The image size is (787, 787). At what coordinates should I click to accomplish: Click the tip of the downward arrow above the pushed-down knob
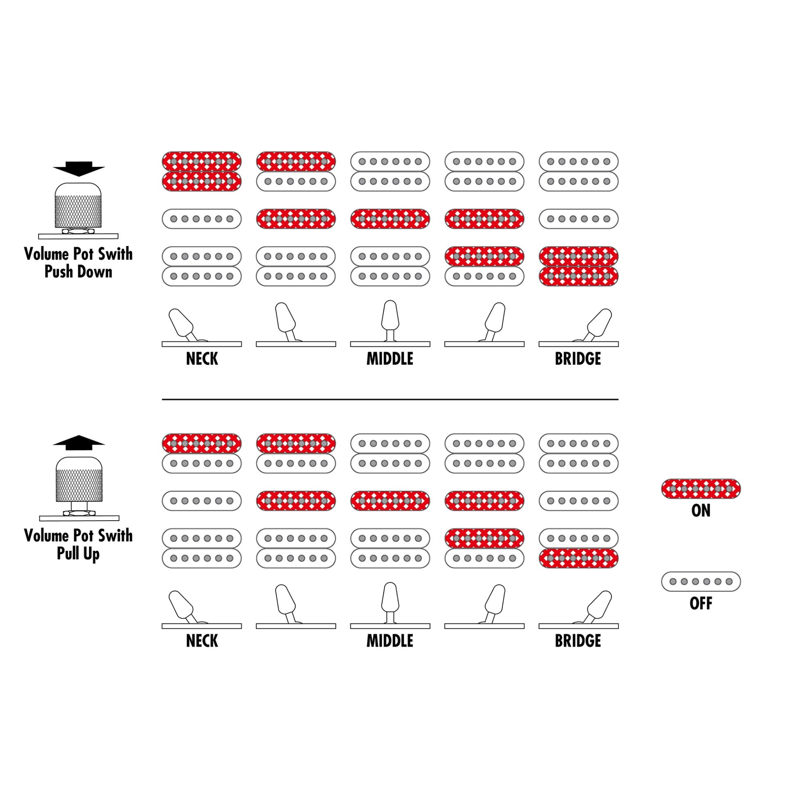pyautogui.click(x=79, y=177)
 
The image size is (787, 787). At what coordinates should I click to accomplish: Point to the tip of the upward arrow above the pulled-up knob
pyautogui.click(x=79, y=435)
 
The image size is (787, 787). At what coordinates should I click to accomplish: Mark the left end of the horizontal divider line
pyautogui.click(x=162, y=399)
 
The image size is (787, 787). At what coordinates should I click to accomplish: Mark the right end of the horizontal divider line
pyautogui.click(x=618, y=399)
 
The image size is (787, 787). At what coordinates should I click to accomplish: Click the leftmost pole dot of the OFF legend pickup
pyautogui.click(x=673, y=582)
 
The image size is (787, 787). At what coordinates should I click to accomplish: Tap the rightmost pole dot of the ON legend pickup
pyautogui.click(x=729, y=489)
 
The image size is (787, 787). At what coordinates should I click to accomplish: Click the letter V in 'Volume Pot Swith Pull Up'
pyautogui.click(x=29, y=536)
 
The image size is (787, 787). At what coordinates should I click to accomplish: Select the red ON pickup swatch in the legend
pyautogui.click(x=701, y=489)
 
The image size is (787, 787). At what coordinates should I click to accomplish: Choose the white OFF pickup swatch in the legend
pyautogui.click(x=701, y=582)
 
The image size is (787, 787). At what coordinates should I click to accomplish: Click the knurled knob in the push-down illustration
pyautogui.click(x=78, y=206)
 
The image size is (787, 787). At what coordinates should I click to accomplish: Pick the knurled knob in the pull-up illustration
pyautogui.click(x=79, y=480)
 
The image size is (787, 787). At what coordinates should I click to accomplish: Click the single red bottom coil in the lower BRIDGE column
pyautogui.click(x=578, y=558)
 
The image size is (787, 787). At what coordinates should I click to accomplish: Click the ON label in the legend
pyautogui.click(x=701, y=511)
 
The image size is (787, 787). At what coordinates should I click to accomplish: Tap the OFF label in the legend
pyautogui.click(x=701, y=603)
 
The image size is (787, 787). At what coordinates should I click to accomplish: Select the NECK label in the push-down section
pyautogui.click(x=202, y=359)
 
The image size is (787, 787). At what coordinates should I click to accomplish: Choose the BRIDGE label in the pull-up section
pyautogui.click(x=578, y=641)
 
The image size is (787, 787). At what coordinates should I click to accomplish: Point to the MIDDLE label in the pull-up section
pyautogui.click(x=390, y=641)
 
